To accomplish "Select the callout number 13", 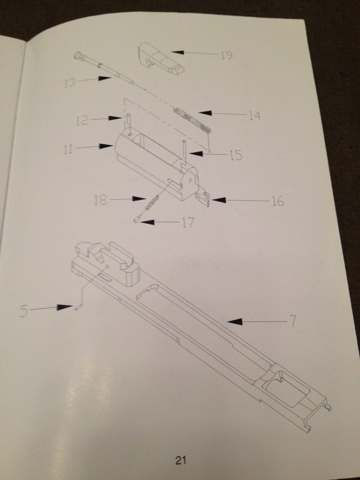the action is [x=70, y=82].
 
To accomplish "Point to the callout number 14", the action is [x=254, y=115].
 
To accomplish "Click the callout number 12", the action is [x=82, y=120].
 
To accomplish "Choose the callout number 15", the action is [x=236, y=155].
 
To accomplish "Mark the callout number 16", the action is [x=278, y=201].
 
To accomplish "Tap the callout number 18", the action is [x=100, y=200].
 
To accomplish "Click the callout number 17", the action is [x=188, y=222].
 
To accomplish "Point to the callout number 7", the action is [x=292, y=321].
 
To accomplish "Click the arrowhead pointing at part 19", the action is [x=177, y=52].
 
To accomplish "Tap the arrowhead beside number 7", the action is [x=235, y=321].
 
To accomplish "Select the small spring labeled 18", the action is [x=152, y=202].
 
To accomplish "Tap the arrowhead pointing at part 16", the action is [x=218, y=200].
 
